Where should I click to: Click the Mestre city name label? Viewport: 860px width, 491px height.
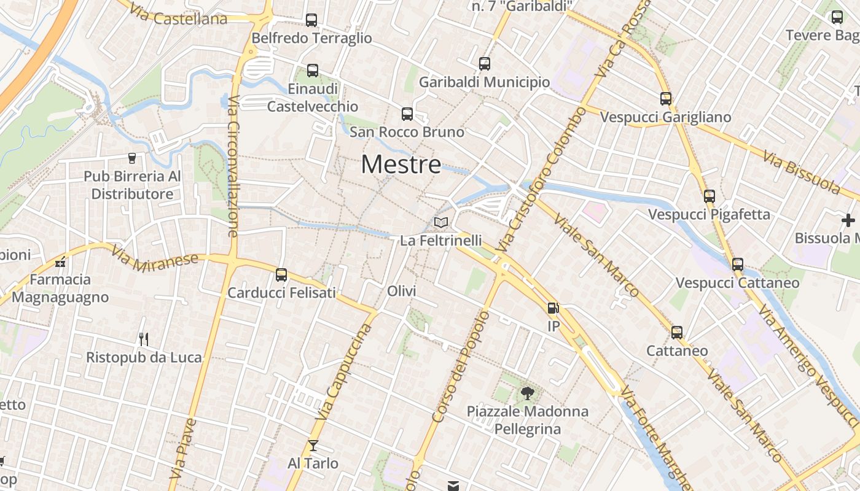pos(401,164)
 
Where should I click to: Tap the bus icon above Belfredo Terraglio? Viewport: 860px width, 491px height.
pos(311,20)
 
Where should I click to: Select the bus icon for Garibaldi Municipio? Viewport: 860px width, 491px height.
pos(485,64)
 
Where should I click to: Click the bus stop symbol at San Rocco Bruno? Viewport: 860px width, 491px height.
pos(407,114)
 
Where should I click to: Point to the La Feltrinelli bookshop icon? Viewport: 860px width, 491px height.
pos(441,222)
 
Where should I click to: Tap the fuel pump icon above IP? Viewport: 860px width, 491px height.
pos(553,308)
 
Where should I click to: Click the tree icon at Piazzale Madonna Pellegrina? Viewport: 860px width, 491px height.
pos(527,393)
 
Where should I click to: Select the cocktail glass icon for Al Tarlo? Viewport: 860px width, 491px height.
pos(313,446)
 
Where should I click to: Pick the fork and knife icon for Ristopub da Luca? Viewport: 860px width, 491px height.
pos(144,339)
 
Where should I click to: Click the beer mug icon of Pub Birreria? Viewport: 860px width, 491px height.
pos(131,158)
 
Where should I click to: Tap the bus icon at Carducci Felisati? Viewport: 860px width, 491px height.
pos(281,275)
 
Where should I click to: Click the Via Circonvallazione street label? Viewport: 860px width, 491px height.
pos(233,166)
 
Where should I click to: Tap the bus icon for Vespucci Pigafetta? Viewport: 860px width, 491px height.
pos(709,196)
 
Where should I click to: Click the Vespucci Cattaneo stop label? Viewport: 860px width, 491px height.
pos(737,283)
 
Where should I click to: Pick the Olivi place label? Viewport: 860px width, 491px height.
pos(402,291)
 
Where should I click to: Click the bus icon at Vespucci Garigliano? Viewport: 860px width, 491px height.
pos(666,99)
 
